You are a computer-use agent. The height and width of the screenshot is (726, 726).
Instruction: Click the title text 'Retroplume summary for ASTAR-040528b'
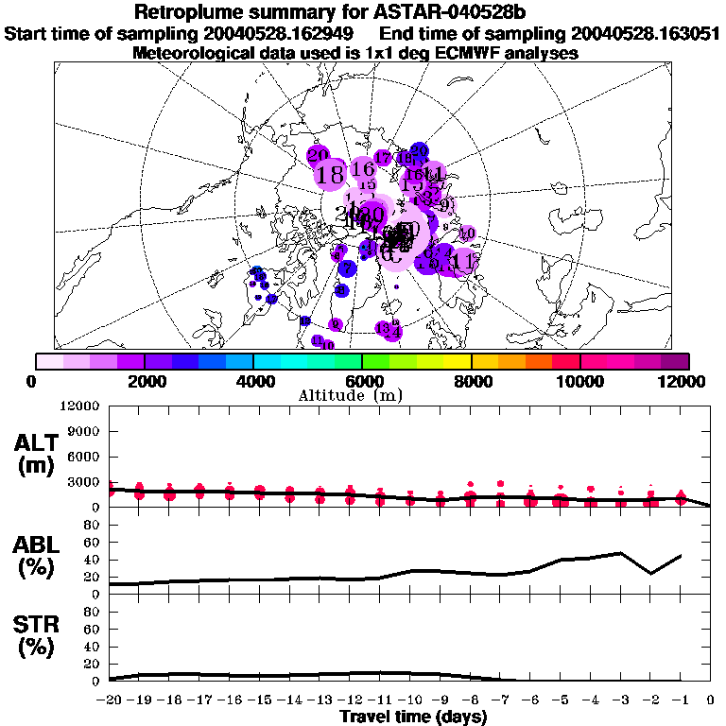362,12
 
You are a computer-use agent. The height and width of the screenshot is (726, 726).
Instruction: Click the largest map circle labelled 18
331,175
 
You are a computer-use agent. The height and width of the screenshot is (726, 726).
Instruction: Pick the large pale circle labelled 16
363,169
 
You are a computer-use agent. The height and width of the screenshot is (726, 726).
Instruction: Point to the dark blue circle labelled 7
347,268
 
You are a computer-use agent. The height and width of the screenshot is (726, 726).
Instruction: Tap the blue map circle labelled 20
419,151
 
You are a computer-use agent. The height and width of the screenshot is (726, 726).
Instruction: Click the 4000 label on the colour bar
253,380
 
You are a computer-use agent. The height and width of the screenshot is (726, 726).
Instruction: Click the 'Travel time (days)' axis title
413,717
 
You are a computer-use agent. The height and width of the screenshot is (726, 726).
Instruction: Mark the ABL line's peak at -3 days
620,553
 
